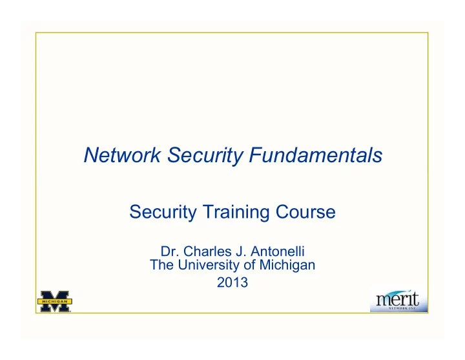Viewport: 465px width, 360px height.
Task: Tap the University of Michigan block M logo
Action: [x=54, y=299]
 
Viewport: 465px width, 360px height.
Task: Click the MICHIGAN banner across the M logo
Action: [x=54, y=300]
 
